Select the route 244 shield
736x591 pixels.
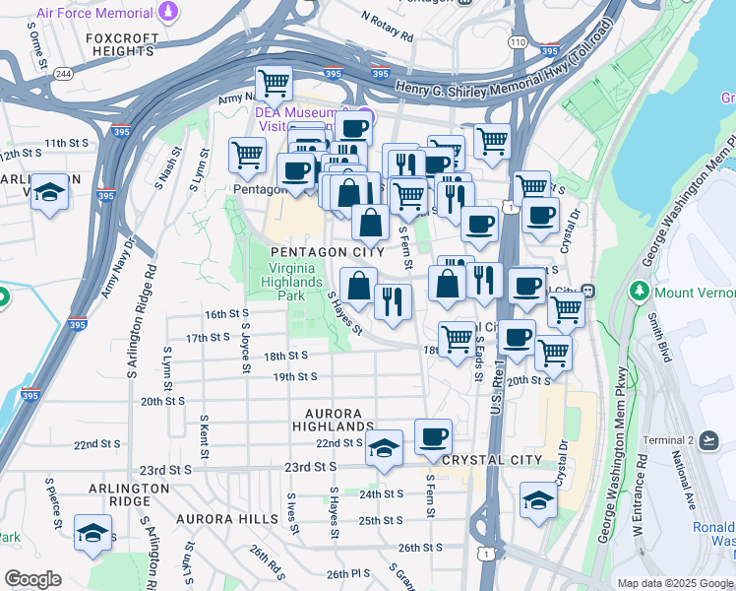[64, 74]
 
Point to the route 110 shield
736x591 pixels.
[518, 42]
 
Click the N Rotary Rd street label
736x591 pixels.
[387, 28]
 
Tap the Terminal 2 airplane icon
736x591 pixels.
[709, 440]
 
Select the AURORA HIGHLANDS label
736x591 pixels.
[334, 420]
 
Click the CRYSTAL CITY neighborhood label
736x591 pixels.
[492, 460]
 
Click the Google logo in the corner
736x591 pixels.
[32, 579]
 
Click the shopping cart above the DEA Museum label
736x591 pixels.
[273, 85]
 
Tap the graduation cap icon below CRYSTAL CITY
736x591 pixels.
[537, 500]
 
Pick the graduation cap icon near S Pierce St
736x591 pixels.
[92, 533]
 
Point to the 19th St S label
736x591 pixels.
[294, 376]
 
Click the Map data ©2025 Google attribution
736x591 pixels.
[675, 583]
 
